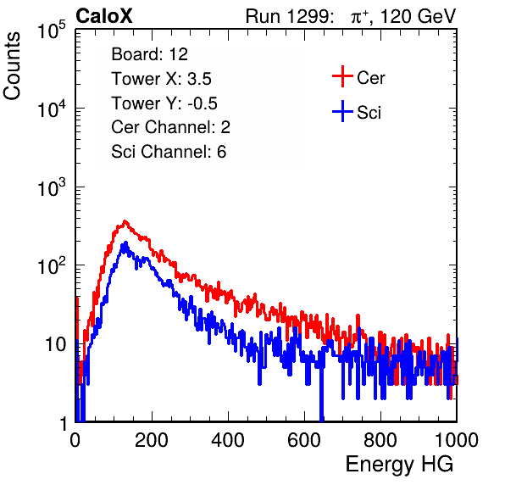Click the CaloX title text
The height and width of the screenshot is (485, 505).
(104, 16)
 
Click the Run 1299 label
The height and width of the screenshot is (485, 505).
(289, 16)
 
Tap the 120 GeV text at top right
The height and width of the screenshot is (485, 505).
(418, 16)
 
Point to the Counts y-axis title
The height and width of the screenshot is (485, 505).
(12, 66)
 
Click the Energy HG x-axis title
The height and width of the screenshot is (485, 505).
(399, 464)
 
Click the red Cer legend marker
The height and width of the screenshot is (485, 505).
(342, 76)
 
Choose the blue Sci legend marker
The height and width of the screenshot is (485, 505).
(342, 112)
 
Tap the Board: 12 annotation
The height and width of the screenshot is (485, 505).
(149, 54)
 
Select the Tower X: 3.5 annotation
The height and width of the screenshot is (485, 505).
(161, 79)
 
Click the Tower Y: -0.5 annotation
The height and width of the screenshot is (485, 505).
(164, 103)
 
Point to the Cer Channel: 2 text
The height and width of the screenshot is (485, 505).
(170, 127)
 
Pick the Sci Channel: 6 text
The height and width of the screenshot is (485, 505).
(169, 152)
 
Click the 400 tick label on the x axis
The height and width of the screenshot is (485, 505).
(228, 440)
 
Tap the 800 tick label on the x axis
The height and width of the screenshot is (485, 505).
(380, 440)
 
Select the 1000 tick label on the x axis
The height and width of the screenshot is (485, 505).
(457, 440)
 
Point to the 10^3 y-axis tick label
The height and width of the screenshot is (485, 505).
(52, 187)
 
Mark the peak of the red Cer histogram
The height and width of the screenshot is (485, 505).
(125, 221)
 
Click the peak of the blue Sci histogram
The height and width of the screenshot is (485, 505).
(125, 242)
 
